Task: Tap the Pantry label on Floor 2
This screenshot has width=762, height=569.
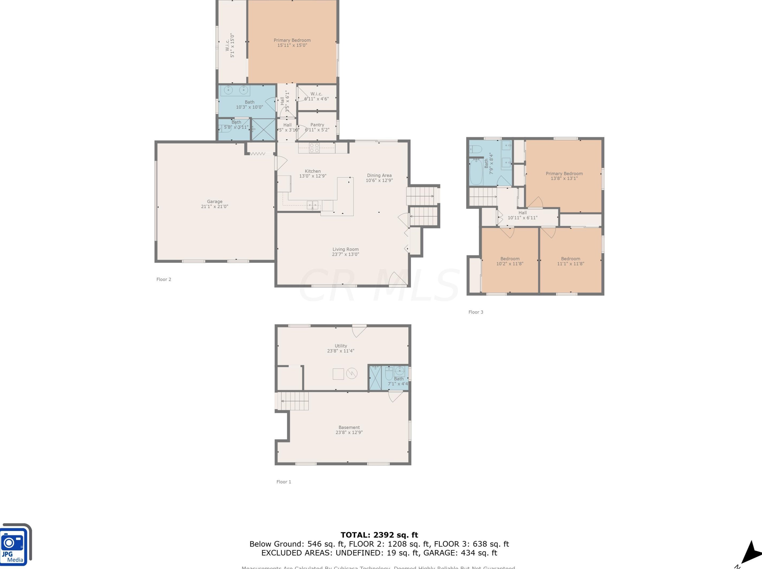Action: click(317, 125)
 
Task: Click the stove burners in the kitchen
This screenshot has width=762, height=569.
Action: click(314, 148)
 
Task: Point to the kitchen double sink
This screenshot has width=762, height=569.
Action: click(313, 205)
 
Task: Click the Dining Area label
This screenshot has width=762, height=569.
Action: click(379, 175)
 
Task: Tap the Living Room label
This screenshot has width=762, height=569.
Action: click(345, 249)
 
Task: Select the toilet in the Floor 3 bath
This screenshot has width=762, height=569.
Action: click(477, 149)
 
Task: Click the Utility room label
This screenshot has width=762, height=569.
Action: click(341, 346)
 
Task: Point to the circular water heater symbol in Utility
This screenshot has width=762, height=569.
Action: click(352, 373)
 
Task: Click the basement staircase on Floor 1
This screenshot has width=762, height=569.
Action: click(294, 401)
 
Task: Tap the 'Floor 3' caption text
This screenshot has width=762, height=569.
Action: click(476, 312)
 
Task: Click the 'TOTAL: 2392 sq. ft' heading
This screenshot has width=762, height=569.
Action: click(379, 535)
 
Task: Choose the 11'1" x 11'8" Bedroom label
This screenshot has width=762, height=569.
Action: click(570, 261)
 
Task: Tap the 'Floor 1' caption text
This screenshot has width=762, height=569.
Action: click(284, 482)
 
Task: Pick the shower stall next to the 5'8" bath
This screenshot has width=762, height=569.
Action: click(263, 129)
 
